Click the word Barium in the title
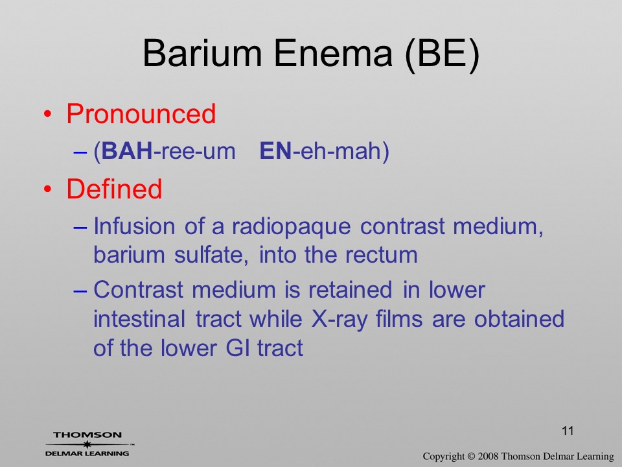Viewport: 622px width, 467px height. [202, 53]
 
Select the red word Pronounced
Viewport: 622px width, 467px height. [141, 114]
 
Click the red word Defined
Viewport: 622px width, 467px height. [114, 189]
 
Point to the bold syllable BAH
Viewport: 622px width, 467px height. [127, 151]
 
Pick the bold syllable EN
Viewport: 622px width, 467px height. [276, 151]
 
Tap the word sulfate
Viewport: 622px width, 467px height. [211, 254]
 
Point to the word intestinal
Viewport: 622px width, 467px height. [139, 319]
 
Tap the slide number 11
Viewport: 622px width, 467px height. [568, 431]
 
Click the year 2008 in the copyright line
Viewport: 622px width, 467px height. [487, 457]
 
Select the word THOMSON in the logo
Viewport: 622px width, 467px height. [87, 435]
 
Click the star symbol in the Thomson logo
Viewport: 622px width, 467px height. [87, 444]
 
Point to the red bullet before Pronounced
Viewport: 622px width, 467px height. [47, 114]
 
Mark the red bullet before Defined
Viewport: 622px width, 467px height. [47, 189]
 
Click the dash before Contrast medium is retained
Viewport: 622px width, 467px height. [80, 291]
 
